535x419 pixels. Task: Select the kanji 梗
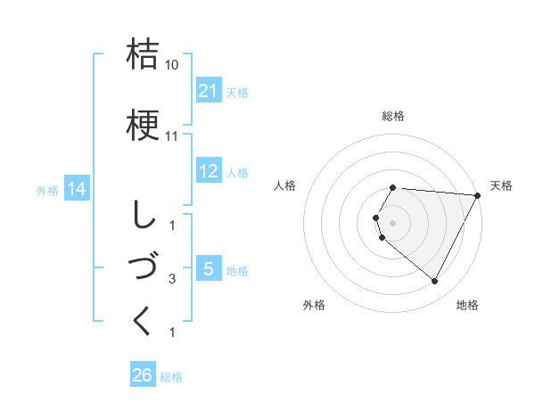pyautogui.click(x=143, y=124)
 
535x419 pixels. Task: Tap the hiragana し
pyautogui.click(x=142, y=213)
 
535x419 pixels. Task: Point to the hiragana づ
pyautogui.click(x=143, y=267)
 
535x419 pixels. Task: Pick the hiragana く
pyautogui.click(x=143, y=320)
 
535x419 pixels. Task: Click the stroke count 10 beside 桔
pyautogui.click(x=173, y=65)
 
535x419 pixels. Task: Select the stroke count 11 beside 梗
pyautogui.click(x=173, y=136)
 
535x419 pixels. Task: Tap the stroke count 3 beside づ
pyautogui.click(x=172, y=280)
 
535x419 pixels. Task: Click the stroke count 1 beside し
pyautogui.click(x=172, y=226)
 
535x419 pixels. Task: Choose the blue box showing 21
pyautogui.click(x=209, y=91)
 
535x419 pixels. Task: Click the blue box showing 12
pyautogui.click(x=209, y=171)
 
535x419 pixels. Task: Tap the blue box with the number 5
pyautogui.click(x=208, y=269)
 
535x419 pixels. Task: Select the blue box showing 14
pyautogui.click(x=76, y=189)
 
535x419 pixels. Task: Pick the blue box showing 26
pyautogui.click(x=143, y=376)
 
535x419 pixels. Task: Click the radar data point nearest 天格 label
pyautogui.click(x=478, y=195)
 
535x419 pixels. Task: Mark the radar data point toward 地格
pyautogui.click(x=435, y=282)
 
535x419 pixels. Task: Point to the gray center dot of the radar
pyautogui.click(x=393, y=222)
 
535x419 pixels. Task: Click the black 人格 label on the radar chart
pyautogui.click(x=285, y=185)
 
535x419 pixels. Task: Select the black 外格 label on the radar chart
pyautogui.click(x=314, y=305)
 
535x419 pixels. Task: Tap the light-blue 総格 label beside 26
pyautogui.click(x=171, y=377)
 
